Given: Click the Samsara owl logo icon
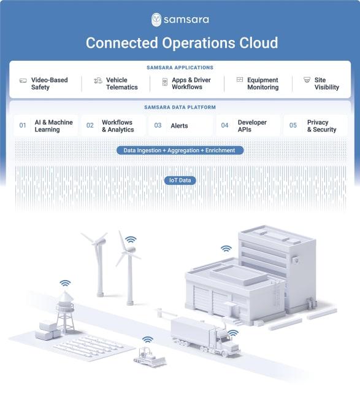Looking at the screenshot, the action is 156,20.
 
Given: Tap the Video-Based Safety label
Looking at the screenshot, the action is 49,84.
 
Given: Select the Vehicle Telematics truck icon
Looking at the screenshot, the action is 98,80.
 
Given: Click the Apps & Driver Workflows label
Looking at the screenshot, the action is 191,84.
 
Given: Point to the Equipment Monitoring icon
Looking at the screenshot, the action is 240,80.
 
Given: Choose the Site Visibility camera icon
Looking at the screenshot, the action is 307,80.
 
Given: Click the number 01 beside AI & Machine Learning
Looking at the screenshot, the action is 23,125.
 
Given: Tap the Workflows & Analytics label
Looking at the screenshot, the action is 118,126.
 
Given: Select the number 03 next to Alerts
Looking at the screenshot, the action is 158,125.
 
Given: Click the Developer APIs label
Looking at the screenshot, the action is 252,126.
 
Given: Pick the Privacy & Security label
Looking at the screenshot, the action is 322,126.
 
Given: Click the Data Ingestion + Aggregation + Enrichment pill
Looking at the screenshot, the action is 180,150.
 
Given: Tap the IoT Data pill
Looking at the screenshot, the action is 180,180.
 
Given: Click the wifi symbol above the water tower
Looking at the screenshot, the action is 65,283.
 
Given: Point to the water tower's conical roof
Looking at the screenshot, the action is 65,297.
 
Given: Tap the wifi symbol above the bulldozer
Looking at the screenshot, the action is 148,340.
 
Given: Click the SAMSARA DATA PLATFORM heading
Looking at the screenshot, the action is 180,107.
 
